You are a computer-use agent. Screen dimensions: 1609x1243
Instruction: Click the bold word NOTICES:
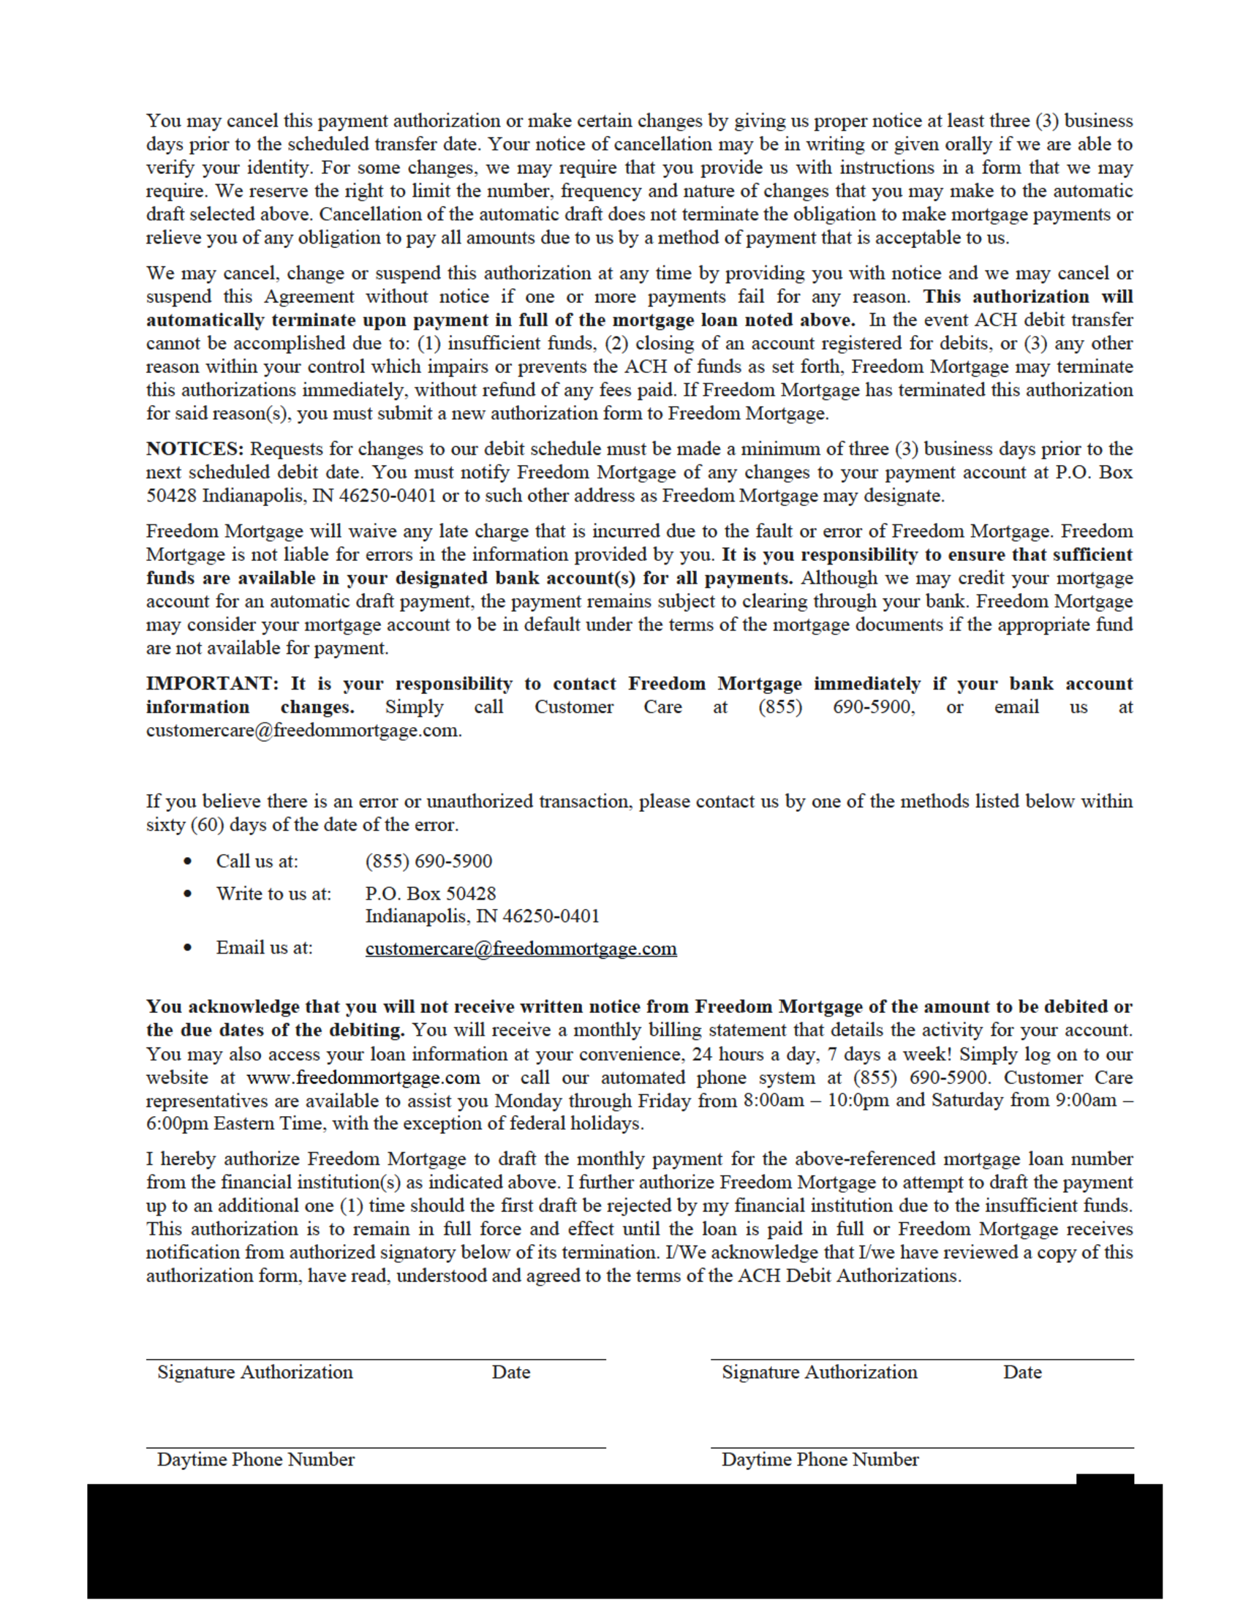[x=194, y=448]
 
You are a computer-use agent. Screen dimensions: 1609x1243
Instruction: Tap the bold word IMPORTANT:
[x=212, y=684]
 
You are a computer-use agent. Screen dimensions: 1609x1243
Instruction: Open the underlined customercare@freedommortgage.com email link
[x=521, y=948]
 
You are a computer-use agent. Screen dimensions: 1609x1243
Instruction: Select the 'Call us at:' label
[x=257, y=862]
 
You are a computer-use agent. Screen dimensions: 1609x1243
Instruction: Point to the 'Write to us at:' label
[x=273, y=894]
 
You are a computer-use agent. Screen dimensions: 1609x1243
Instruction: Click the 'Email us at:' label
[x=264, y=947]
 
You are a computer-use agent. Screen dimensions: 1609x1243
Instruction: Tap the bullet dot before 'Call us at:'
[x=189, y=862]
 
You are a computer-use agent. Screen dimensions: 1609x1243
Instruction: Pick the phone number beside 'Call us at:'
[x=428, y=862]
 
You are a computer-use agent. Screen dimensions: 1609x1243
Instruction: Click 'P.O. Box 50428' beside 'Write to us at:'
[x=431, y=894]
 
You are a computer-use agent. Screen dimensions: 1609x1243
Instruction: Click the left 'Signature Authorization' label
[x=254, y=1372]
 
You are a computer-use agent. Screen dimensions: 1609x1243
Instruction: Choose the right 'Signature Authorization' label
[x=820, y=1372]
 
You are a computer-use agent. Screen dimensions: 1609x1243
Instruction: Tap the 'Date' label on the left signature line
[x=511, y=1372]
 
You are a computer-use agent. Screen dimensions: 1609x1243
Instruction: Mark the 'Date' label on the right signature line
[x=1022, y=1372]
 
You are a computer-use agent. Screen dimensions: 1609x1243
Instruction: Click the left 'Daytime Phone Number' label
[x=255, y=1460]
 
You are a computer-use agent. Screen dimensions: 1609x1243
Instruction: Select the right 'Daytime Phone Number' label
[x=820, y=1460]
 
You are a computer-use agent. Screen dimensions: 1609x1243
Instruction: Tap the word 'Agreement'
[x=309, y=297]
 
